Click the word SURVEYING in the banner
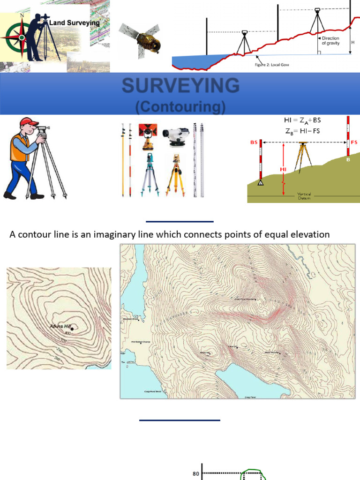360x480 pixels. point(180,86)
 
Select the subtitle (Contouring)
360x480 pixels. point(180,107)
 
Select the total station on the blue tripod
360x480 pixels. point(148,171)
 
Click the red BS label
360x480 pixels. point(254,142)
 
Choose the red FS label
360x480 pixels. point(354,142)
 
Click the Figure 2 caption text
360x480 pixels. point(269,65)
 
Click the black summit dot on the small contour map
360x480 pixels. point(72,329)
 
